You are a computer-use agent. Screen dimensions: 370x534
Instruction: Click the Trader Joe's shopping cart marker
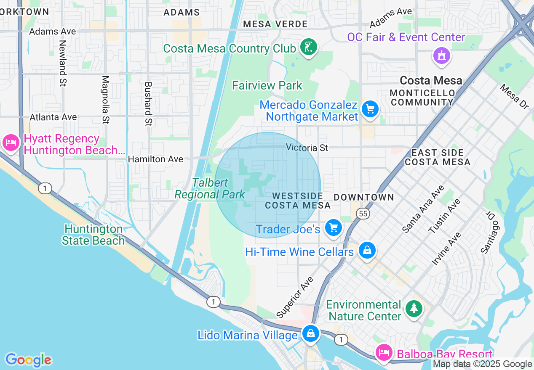[334, 228]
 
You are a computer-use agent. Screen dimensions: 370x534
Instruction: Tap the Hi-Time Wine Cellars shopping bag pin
[367, 250]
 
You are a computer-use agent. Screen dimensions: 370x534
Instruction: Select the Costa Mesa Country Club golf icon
[309, 47]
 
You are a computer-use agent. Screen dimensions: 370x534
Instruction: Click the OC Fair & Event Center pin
[441, 55]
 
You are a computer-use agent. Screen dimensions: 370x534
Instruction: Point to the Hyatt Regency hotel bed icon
[11, 143]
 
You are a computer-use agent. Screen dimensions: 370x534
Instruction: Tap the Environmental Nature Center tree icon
[414, 309]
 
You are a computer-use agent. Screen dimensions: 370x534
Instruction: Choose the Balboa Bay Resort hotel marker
[383, 352]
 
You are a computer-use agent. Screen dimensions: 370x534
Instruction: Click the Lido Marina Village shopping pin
[311, 333]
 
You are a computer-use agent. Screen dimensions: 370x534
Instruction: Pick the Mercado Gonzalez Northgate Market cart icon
[370, 109]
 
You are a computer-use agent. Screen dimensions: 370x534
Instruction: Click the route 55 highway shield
[363, 214]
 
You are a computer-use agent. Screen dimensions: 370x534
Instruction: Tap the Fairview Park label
[267, 85]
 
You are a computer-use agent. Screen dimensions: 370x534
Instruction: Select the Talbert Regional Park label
[210, 188]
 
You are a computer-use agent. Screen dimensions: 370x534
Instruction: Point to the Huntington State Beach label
[93, 235]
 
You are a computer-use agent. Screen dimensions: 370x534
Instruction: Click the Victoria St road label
[307, 148]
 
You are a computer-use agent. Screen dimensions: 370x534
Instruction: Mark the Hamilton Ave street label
[155, 159]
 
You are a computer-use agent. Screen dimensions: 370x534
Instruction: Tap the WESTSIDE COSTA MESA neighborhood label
[298, 201]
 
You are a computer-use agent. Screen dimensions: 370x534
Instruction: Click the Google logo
[28, 360]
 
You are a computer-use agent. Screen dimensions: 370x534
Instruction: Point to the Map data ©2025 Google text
[483, 364]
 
